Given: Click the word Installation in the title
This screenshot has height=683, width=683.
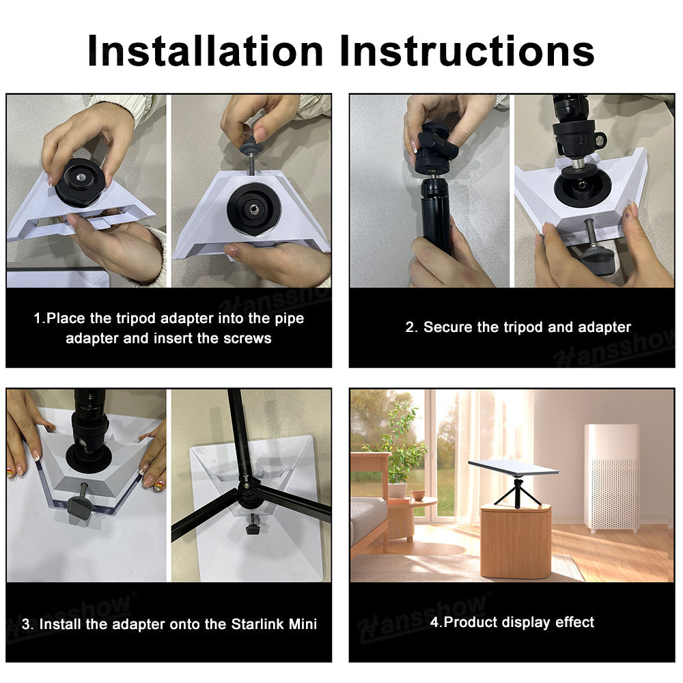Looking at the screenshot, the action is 205,51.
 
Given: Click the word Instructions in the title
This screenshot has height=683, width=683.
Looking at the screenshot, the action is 467,51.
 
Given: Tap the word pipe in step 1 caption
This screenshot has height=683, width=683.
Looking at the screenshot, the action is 289,319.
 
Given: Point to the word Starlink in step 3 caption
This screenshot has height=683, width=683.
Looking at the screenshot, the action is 258,624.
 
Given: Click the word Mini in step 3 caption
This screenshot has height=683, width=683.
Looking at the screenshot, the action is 303,624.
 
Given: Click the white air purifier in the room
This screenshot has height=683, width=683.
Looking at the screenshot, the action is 612,478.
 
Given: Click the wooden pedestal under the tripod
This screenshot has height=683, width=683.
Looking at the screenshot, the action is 516,542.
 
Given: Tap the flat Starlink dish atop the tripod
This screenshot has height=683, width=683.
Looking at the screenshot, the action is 513,468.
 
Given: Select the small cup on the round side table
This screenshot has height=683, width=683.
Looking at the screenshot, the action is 418,495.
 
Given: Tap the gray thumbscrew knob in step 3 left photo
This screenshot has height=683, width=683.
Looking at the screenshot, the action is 80,507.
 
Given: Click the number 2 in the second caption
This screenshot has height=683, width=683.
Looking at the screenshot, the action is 410,327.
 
